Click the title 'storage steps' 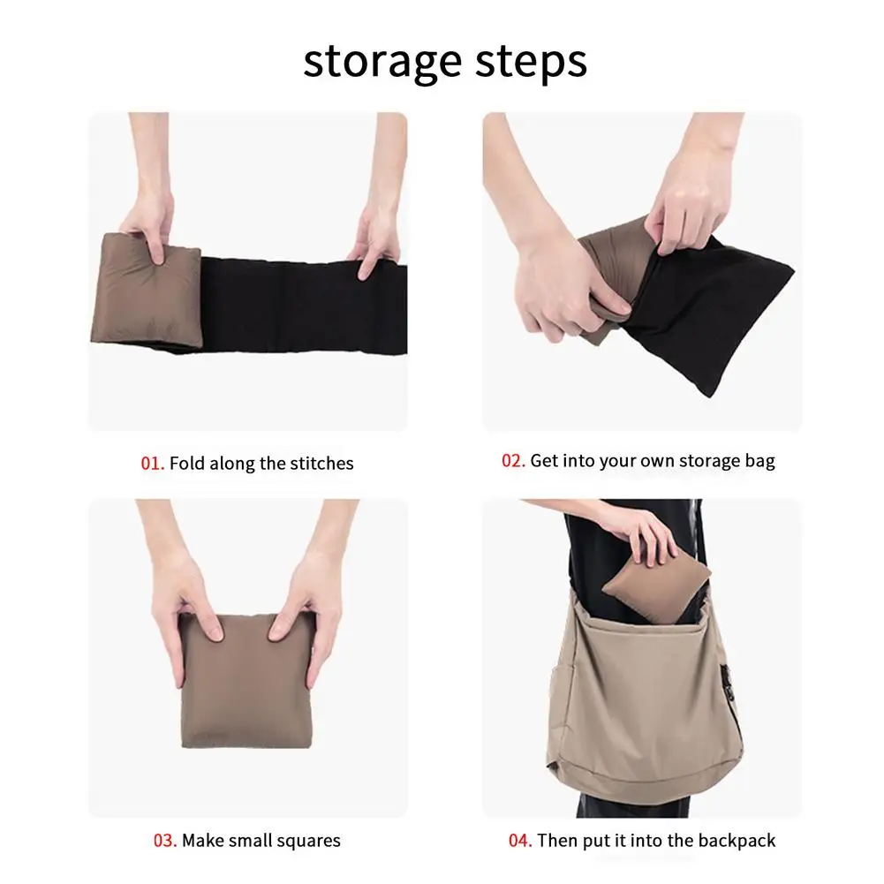point(444,62)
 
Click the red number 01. point(153,463)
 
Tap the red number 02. point(513,460)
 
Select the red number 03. point(165,840)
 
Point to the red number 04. point(520,840)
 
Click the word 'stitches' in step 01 point(320,463)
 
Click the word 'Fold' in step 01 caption point(185,463)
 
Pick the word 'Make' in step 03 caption point(203,840)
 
